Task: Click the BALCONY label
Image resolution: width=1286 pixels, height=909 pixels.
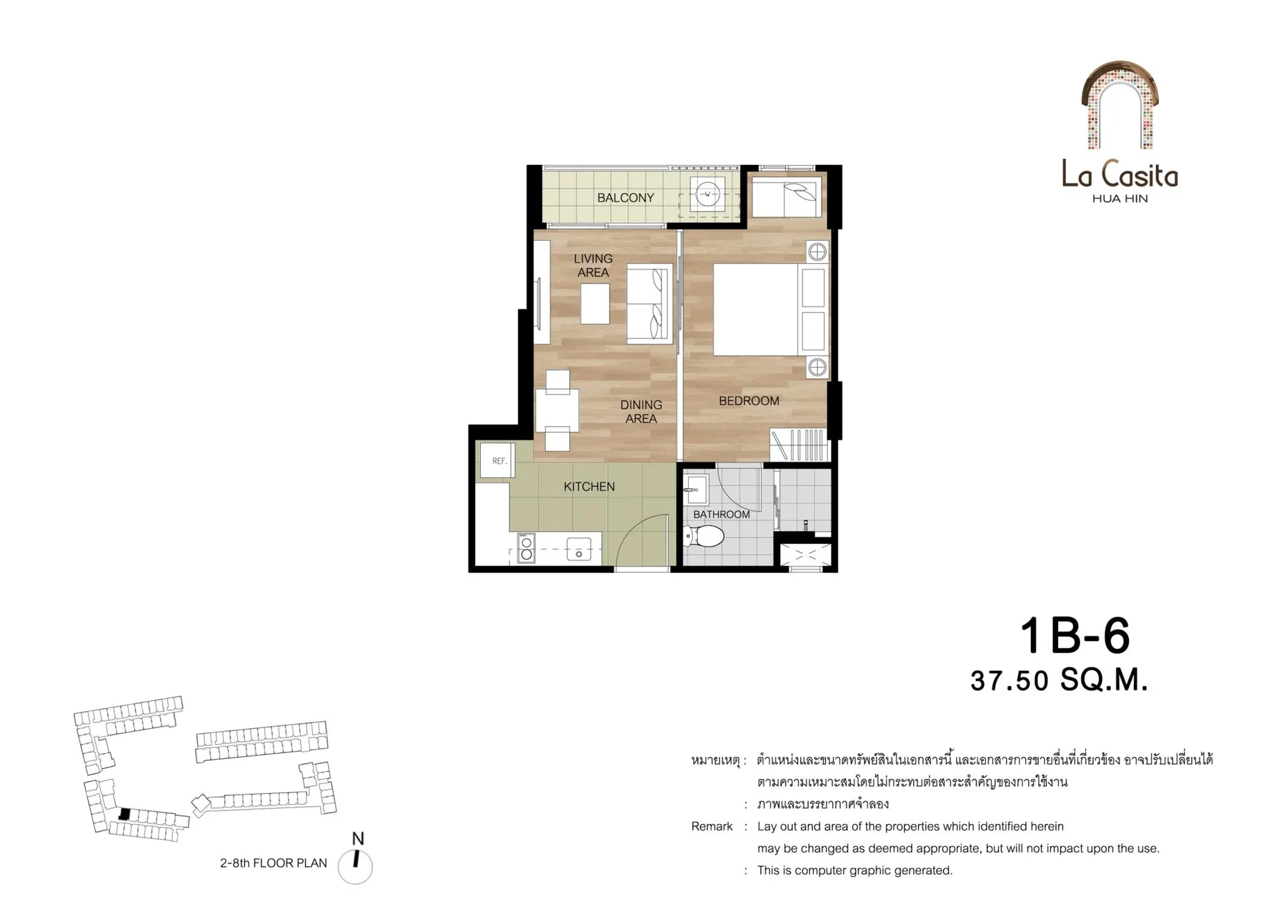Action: pos(625,198)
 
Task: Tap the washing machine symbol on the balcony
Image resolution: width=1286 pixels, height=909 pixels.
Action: pos(708,193)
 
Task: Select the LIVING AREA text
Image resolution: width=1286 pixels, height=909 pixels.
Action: pos(593,265)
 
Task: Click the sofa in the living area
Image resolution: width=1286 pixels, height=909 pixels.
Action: pos(649,304)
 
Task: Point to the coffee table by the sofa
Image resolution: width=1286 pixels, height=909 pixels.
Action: pos(595,304)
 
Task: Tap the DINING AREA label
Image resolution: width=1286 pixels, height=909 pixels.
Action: pos(641,412)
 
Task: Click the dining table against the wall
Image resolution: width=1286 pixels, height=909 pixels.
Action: pos(557,410)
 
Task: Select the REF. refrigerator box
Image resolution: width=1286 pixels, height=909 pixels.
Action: pos(499,461)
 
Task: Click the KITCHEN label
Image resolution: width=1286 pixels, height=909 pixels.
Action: pos(589,487)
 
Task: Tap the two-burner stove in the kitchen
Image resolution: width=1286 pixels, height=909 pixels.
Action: pos(527,547)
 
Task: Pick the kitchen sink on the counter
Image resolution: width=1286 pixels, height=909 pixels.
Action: pos(579,549)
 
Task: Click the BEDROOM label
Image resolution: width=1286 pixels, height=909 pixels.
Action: pos(749,401)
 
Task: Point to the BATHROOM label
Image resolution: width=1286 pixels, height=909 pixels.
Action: pos(721,515)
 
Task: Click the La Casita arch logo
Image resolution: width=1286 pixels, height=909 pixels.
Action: pos(1120,105)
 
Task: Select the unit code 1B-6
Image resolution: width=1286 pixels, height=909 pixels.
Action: pos(1075,635)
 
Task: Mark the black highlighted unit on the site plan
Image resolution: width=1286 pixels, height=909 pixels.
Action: pos(124,814)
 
